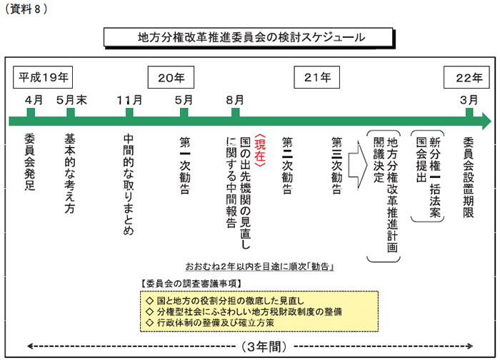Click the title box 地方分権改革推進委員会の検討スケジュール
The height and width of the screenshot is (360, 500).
[249, 38]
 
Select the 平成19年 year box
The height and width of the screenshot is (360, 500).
[43, 77]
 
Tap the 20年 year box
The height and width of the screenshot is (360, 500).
[171, 77]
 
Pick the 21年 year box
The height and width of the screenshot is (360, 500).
[317, 77]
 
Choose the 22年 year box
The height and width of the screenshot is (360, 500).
[466, 77]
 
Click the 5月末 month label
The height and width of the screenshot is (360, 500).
[71, 100]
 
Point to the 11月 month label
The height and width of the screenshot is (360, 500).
[129, 100]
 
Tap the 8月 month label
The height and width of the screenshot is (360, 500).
[235, 100]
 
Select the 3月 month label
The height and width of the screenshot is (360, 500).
[469, 100]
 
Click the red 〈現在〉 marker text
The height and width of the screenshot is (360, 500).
[260, 151]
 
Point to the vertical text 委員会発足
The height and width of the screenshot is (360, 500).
[30, 162]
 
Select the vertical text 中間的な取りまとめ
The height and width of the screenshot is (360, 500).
[129, 185]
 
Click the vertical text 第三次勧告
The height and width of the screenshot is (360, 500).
[336, 166]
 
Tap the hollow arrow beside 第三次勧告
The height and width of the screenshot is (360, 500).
[358, 165]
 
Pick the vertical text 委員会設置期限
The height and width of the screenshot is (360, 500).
[469, 177]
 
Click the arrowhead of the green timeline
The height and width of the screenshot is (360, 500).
[487, 121]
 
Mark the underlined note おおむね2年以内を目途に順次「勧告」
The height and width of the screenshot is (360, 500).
[259, 266]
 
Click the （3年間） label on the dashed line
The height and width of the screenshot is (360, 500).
[264, 346]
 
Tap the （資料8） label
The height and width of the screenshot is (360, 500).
[26, 9]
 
